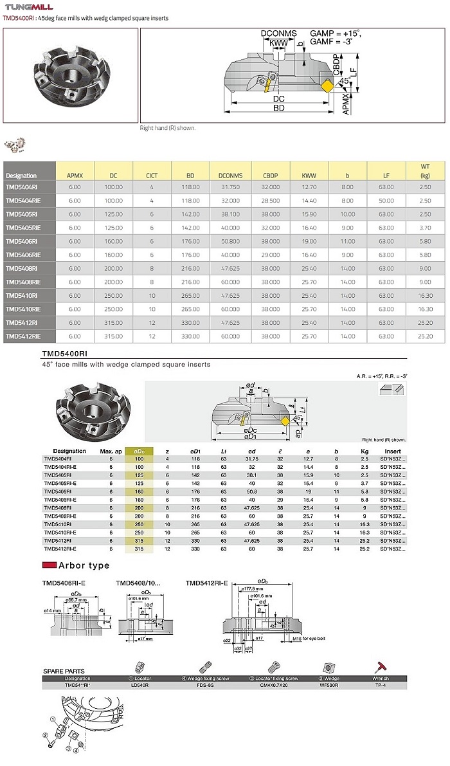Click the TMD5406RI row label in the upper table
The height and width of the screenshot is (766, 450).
click(x=21, y=240)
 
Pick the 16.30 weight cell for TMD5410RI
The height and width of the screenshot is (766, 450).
click(x=425, y=295)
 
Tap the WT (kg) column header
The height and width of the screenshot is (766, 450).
click(x=425, y=170)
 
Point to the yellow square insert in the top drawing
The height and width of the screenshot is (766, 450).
click(x=326, y=85)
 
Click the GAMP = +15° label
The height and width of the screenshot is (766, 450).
click(x=336, y=33)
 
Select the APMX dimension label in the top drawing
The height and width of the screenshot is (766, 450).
click(x=346, y=103)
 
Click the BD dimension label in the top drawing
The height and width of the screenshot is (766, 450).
click(x=278, y=109)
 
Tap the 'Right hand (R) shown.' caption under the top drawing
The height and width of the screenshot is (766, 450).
click(x=168, y=128)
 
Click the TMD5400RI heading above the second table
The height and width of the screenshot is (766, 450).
click(x=64, y=354)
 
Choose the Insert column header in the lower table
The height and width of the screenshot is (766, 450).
click(x=392, y=451)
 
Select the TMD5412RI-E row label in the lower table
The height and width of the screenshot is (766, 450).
click(x=60, y=549)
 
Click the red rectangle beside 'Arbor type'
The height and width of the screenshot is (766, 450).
click(x=49, y=565)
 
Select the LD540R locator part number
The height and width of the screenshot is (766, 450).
click(x=139, y=685)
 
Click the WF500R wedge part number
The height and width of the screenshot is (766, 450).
click(x=329, y=685)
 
